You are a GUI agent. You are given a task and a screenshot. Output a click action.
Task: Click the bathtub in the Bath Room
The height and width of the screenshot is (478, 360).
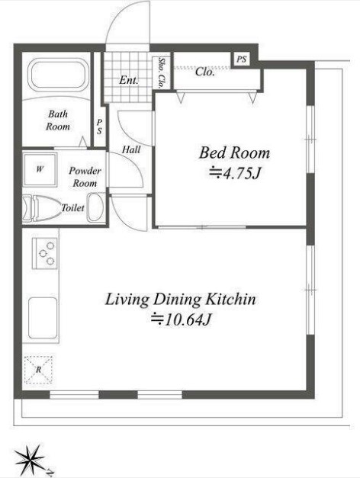[59, 75]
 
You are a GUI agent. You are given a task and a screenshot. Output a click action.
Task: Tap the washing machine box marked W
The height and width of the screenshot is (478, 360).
[40, 169]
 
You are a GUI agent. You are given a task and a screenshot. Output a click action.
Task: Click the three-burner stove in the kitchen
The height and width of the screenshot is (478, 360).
[45, 253]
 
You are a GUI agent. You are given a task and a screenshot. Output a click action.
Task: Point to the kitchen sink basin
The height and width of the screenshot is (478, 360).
[43, 318]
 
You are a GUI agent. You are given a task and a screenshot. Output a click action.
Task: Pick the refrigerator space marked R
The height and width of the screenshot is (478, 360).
[38, 370]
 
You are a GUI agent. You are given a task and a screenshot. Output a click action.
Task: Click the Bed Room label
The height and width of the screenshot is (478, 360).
[234, 152]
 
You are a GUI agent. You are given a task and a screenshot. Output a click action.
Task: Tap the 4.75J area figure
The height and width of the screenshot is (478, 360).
[235, 173]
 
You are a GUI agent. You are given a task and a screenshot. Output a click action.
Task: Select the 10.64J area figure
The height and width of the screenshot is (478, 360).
[182, 319]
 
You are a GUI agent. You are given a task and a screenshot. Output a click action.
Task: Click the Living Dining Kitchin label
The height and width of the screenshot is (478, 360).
[181, 299]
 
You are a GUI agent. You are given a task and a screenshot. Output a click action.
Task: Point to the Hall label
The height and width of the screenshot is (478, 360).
[131, 149]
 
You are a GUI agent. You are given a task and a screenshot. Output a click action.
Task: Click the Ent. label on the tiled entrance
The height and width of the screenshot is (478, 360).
[129, 80]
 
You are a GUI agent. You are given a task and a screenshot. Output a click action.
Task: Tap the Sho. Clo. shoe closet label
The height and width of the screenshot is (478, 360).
[161, 72]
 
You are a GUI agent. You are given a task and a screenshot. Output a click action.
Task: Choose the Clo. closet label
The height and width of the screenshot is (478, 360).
[204, 72]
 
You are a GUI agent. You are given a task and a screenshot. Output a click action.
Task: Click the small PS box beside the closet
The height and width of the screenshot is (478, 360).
[241, 59]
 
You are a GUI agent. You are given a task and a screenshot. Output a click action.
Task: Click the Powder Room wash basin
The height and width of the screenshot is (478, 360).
[96, 207]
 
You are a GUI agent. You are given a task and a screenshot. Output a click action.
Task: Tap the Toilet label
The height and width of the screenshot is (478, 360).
[73, 208]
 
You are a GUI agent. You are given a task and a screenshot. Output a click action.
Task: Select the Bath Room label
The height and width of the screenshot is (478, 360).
[58, 120]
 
